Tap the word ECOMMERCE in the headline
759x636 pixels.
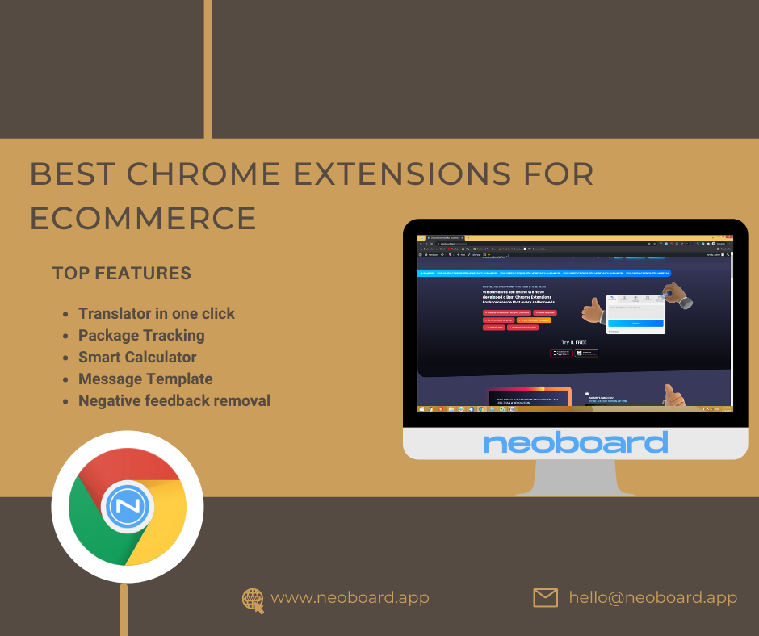coord(143,218)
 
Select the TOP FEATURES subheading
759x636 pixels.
coord(121,273)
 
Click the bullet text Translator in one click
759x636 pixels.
coord(156,313)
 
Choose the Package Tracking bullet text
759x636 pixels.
coord(141,335)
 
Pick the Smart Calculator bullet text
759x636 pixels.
coord(137,357)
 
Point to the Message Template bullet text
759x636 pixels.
coord(145,379)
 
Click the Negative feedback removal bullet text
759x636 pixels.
coord(174,400)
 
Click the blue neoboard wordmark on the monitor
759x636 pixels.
coord(575,442)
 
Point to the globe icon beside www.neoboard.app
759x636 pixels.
coord(254,599)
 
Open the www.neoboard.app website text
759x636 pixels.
coord(350,598)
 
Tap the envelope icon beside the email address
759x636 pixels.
coord(546,597)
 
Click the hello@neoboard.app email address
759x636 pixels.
coord(652,598)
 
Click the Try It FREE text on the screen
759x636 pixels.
coord(574,342)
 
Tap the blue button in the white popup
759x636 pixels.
coord(635,323)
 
